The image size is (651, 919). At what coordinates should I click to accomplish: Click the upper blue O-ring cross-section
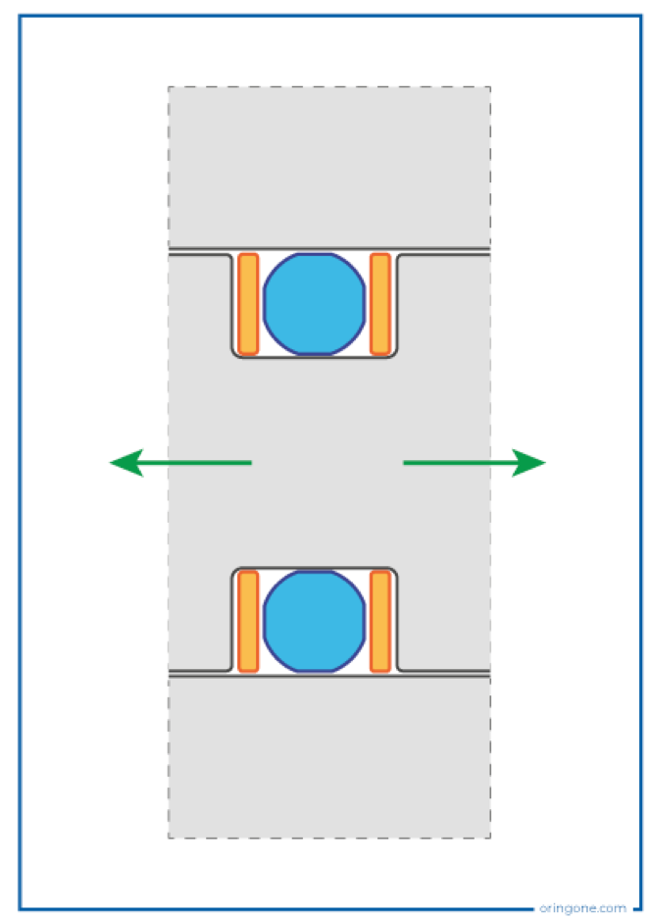(x=315, y=304)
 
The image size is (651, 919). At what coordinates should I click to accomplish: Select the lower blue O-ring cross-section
(x=315, y=621)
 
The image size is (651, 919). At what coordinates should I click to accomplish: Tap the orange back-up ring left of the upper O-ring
(x=248, y=304)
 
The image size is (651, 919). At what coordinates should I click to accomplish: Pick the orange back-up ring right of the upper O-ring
(x=380, y=304)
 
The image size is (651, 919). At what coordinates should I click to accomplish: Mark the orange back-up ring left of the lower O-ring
(x=248, y=621)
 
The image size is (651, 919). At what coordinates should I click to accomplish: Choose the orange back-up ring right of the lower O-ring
(x=380, y=621)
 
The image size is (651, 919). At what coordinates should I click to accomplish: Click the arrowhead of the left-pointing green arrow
(x=126, y=462)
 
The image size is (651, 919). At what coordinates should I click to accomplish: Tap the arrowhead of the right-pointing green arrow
(x=528, y=462)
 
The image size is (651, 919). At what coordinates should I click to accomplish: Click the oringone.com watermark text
(x=582, y=908)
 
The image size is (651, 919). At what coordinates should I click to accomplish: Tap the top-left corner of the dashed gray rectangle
(x=169, y=86)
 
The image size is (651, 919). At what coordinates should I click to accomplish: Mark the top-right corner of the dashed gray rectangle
(x=490, y=86)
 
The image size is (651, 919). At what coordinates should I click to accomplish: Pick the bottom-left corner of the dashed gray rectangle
(x=169, y=838)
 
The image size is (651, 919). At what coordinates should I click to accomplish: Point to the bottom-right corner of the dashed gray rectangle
(x=490, y=838)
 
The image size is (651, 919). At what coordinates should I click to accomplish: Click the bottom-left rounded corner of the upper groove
(x=235, y=353)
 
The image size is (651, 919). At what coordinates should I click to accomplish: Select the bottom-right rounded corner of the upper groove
(x=394, y=353)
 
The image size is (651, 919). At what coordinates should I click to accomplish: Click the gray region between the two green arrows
(x=327, y=462)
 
